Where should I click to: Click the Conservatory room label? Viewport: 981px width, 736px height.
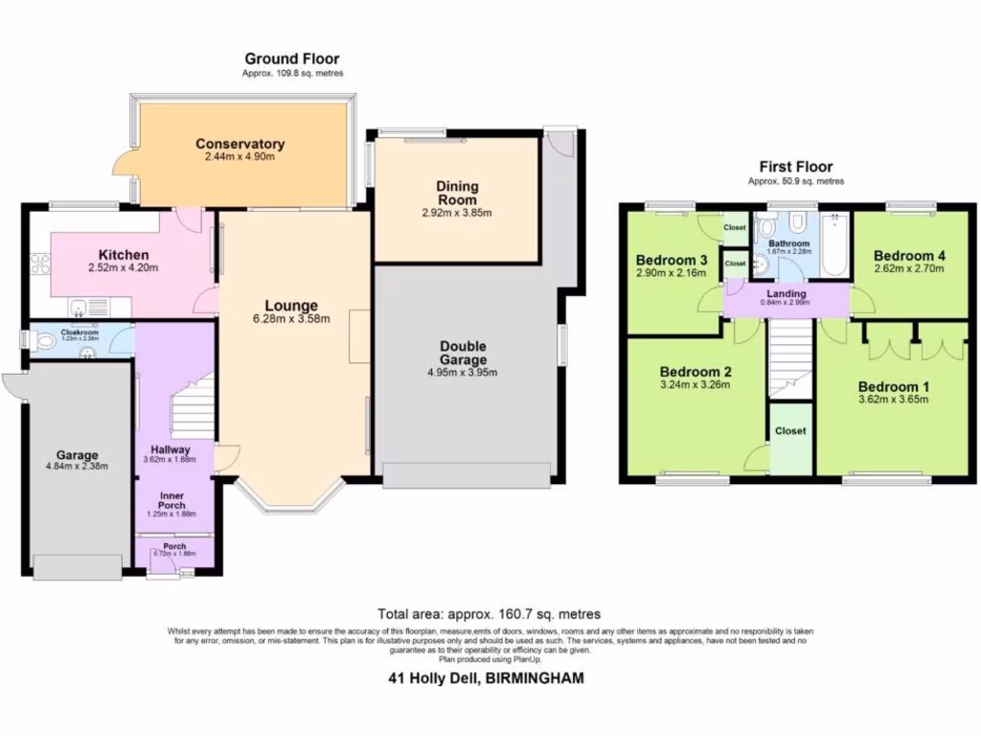[x=240, y=144]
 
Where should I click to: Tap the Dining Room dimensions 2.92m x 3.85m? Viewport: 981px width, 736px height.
[x=457, y=213]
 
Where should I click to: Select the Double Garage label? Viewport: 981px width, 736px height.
[x=463, y=353]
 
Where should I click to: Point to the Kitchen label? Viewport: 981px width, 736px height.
[x=124, y=255]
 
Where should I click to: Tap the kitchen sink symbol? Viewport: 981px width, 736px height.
[x=82, y=307]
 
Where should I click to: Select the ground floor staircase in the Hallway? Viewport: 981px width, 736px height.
[x=192, y=407]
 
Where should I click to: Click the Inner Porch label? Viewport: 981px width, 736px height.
[x=171, y=500]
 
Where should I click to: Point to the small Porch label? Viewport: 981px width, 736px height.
[x=174, y=546]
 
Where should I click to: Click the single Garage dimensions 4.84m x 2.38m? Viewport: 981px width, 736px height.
[x=77, y=467]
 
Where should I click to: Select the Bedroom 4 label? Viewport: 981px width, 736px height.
[x=909, y=256]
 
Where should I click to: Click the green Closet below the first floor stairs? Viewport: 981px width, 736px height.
[x=790, y=439]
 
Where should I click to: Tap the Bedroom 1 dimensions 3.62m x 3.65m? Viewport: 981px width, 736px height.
[x=893, y=400]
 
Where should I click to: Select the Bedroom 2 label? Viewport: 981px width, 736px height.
[x=696, y=372]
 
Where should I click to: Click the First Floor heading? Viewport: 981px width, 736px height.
[x=796, y=167]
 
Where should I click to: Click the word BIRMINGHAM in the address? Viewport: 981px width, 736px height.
[x=535, y=678]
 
